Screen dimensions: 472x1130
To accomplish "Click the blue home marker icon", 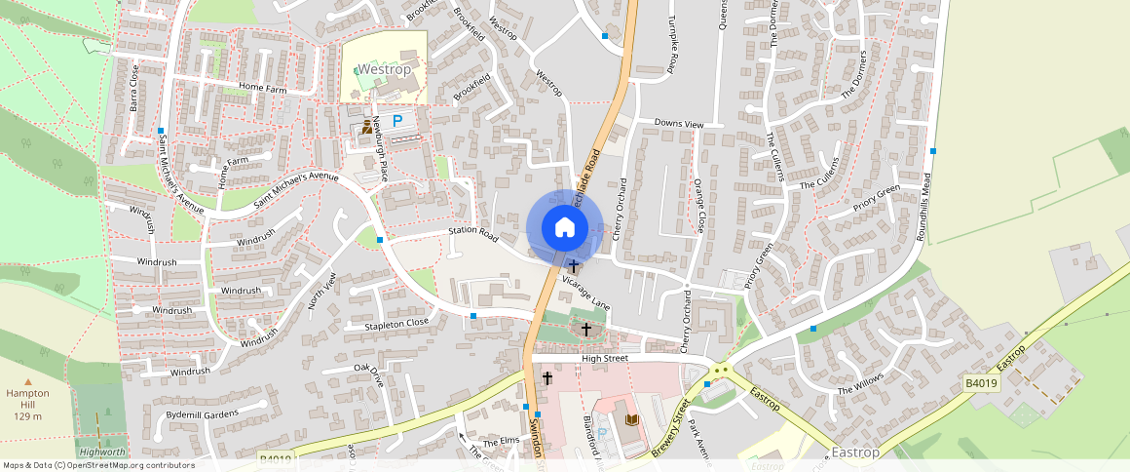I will click(x=563, y=228).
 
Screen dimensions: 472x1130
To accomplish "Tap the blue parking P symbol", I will click(x=397, y=121).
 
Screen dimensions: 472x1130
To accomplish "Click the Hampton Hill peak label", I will click(x=27, y=399).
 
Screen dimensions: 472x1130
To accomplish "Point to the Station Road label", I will click(x=473, y=235).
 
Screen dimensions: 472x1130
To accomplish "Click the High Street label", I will click(x=606, y=358).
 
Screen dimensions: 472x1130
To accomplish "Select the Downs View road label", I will click(x=678, y=125).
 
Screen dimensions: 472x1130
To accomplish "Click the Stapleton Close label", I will click(x=396, y=323).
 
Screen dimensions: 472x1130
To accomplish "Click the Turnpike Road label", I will click(x=671, y=46).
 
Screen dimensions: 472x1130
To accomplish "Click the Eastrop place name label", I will click(x=856, y=452).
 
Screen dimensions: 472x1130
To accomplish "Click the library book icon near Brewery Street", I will click(x=631, y=419).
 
